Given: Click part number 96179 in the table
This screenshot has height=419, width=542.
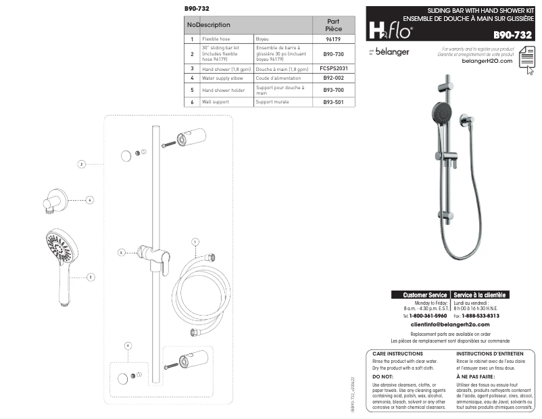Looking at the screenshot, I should [x=332, y=40].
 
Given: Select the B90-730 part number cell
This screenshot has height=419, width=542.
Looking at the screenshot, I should [x=332, y=53].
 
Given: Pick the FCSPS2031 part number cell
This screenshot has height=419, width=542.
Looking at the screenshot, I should [x=332, y=68].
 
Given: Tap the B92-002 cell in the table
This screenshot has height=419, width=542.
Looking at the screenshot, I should [x=332, y=78].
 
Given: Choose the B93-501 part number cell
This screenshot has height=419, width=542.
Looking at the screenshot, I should [x=332, y=102].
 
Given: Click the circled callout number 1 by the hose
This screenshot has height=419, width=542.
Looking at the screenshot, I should [x=195, y=241].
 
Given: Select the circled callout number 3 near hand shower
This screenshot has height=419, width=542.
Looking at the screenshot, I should [x=91, y=276].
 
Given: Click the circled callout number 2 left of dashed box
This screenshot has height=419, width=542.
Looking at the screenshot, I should [x=81, y=164].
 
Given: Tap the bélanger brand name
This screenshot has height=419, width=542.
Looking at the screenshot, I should [x=392, y=52].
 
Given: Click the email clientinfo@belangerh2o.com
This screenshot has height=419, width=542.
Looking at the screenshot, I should [x=450, y=325].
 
